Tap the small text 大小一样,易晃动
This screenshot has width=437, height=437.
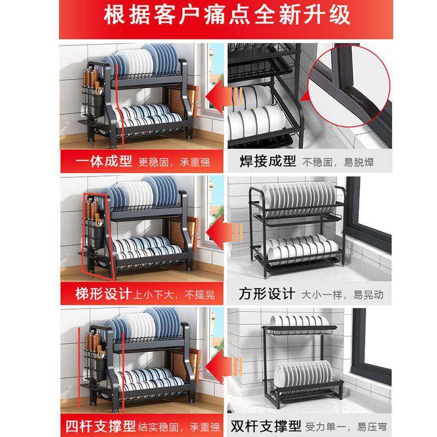click(344, 296)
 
